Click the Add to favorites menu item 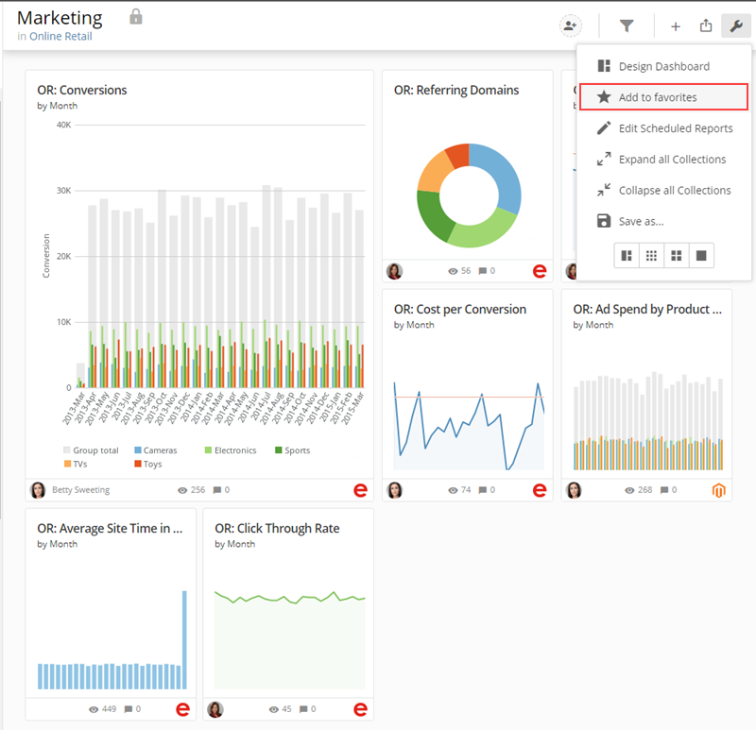663,97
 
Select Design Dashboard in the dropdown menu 663,66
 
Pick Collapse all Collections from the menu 663,191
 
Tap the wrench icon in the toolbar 736,25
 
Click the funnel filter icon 627,25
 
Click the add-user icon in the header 571,25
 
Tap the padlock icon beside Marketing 136,17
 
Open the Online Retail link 60,36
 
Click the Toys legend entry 148,464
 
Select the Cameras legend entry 156,450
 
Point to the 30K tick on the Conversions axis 63,191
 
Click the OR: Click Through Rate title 277,529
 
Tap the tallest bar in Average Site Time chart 184,640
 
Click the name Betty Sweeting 81,489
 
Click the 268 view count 644,490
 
